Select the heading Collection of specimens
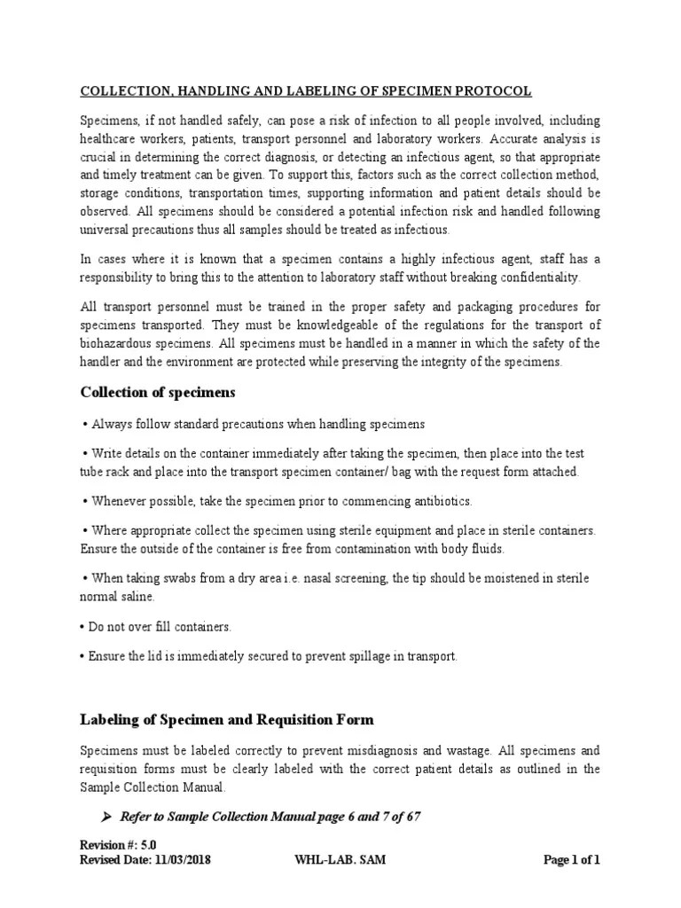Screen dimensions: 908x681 [158, 392]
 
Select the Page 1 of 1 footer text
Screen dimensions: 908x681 [570, 860]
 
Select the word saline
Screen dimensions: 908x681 [142, 597]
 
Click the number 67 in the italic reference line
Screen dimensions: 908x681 [412, 817]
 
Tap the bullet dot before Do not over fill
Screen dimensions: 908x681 [82, 627]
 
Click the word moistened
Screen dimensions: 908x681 [476, 578]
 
